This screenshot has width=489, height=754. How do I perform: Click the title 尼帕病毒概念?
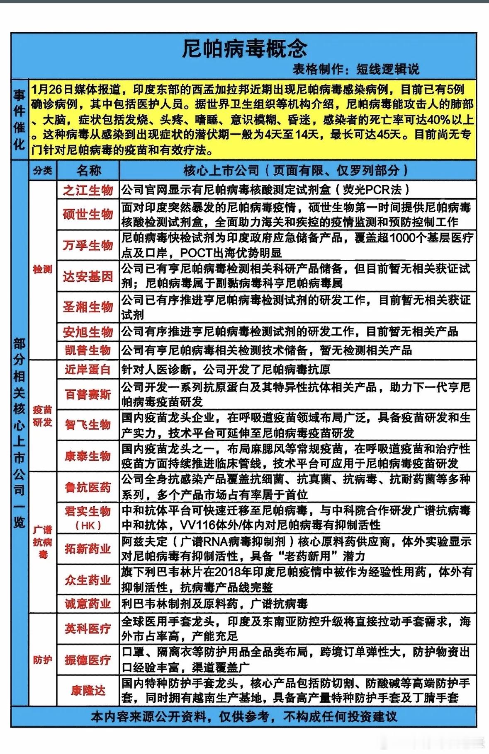(245, 49)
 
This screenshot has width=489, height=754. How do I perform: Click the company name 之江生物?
(88, 190)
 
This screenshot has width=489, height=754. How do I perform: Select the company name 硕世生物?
(88, 214)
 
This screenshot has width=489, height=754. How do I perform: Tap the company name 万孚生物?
(88, 245)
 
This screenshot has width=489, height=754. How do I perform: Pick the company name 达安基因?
(88, 276)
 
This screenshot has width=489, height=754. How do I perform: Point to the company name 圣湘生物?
(88, 307)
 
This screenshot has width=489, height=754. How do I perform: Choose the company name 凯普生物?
(88, 350)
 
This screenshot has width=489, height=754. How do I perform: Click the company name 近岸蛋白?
(88, 370)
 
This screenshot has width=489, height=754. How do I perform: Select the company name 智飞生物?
(88, 425)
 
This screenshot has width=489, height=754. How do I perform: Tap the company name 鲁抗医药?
(88, 487)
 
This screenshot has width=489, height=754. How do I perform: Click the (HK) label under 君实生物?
(88, 526)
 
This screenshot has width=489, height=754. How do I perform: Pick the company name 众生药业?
(88, 580)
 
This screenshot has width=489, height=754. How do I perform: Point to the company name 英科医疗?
(88, 629)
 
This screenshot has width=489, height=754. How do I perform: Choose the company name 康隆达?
(88, 691)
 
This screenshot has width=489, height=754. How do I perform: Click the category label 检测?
(43, 270)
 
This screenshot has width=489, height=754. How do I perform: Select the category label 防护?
(43, 660)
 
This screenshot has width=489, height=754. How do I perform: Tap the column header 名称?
(88, 171)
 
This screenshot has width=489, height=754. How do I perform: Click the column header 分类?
(43, 171)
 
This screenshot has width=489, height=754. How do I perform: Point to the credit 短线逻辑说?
(388, 69)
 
